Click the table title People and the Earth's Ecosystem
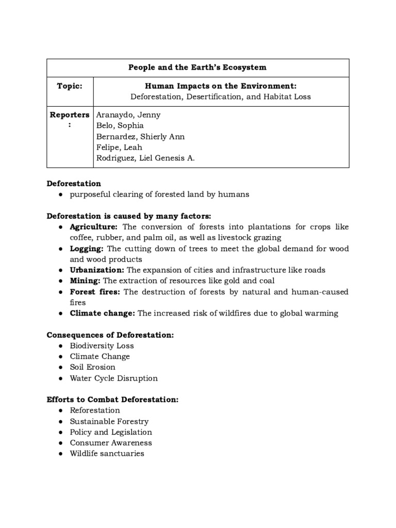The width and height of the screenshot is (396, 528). (198, 68)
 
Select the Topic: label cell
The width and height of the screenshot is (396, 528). (70, 86)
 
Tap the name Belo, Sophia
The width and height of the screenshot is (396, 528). (120, 126)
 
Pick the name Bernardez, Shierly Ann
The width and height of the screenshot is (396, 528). (140, 137)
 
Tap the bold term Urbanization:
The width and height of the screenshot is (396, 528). (97, 270)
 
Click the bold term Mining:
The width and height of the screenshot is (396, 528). (86, 281)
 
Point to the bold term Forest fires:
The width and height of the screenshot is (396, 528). (95, 292)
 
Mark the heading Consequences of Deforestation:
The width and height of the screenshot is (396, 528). (110, 335)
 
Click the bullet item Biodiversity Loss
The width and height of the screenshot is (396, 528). (102, 346)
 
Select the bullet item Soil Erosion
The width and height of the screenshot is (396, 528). (93, 368)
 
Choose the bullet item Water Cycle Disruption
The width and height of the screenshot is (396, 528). (114, 378)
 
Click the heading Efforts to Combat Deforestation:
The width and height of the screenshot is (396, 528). (112, 400)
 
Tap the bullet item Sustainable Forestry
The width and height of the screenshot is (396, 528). (109, 422)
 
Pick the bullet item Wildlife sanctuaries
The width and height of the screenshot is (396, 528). (107, 454)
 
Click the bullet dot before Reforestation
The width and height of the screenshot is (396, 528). (60, 411)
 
